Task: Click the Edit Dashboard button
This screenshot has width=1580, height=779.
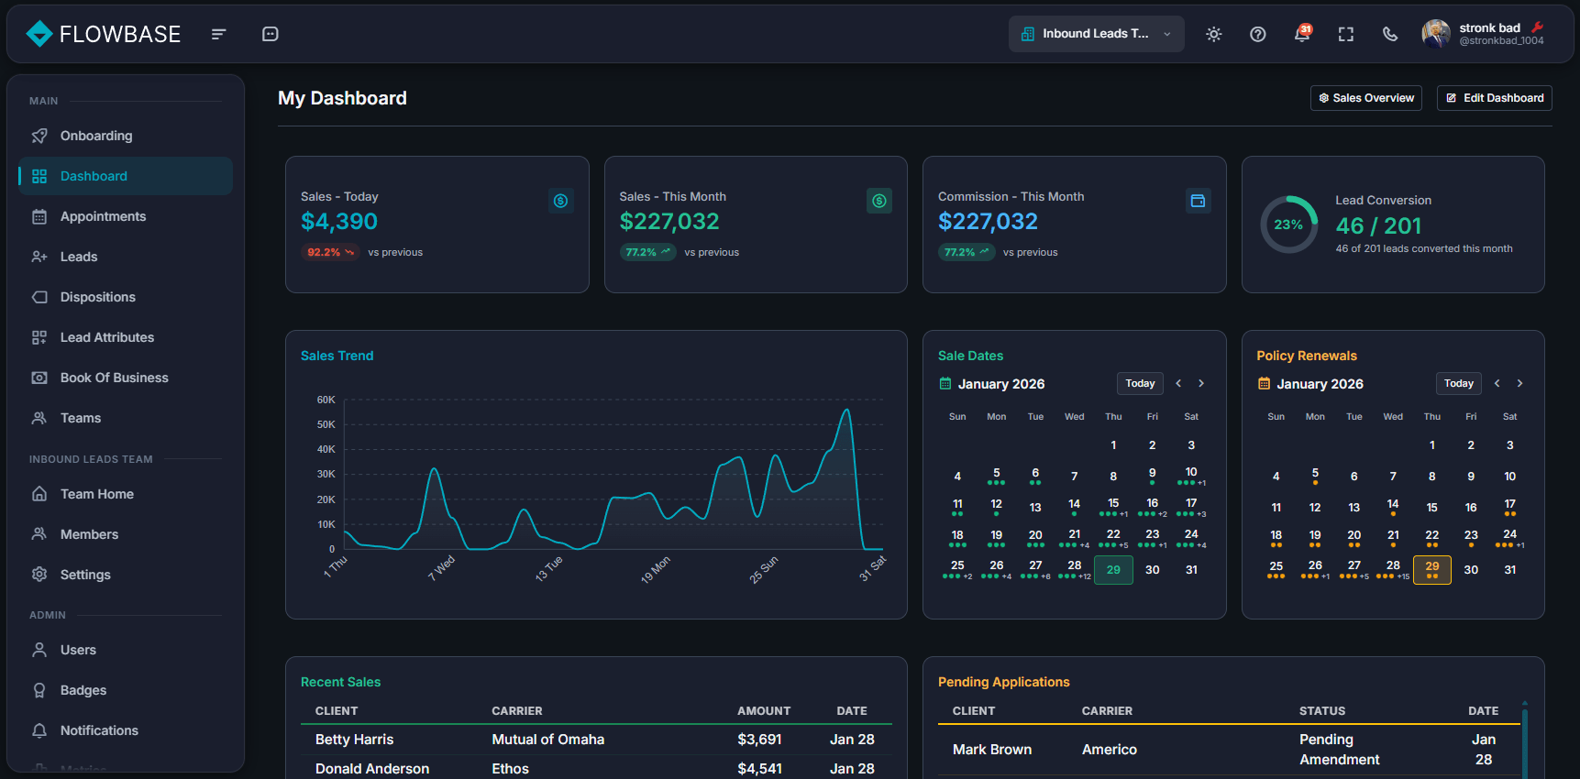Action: (1494, 98)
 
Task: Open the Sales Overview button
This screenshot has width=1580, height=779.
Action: (1365, 98)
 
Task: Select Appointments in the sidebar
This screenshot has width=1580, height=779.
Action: (103, 216)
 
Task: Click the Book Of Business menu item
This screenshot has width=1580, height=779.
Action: (114, 378)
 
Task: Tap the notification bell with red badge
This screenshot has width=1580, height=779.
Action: (1301, 34)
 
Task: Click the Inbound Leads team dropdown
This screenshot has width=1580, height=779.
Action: (1096, 34)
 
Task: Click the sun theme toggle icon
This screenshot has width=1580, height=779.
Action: (1213, 34)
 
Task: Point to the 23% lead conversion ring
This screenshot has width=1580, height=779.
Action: (1288, 225)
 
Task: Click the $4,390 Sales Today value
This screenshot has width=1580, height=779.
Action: (338, 222)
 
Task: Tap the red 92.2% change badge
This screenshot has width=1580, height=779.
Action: (329, 252)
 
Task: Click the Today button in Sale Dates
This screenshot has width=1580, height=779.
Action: (1140, 383)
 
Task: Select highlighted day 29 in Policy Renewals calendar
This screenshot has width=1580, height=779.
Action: (1431, 569)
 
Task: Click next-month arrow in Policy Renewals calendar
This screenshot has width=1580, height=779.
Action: (1519, 383)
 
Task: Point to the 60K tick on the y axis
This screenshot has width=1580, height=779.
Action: (326, 400)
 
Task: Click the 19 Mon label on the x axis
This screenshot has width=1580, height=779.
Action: (656, 570)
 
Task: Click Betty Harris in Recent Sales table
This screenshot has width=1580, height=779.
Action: (354, 740)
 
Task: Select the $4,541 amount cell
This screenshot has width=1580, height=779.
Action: (759, 769)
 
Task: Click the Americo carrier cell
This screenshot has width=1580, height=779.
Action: (1109, 750)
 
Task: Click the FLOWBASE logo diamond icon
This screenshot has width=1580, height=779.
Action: (39, 34)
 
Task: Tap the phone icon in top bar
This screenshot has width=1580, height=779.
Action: (1390, 34)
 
